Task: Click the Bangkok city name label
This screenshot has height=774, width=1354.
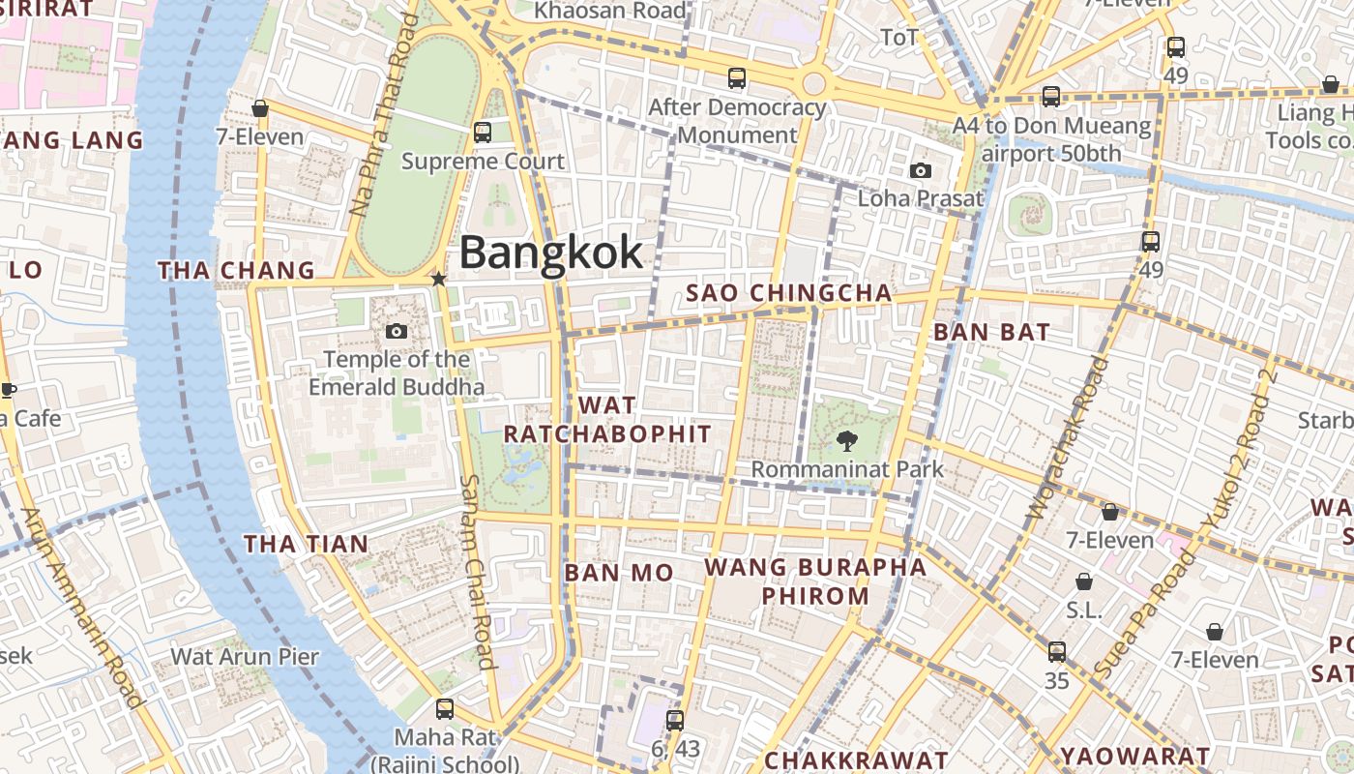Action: coord(550,253)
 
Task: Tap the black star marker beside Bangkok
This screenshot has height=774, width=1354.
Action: coord(438,279)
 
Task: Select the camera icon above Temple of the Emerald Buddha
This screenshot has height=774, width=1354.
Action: coord(396,332)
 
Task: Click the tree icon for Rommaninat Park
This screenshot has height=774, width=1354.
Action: coord(847,441)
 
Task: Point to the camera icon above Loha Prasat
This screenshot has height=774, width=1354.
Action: coord(921,171)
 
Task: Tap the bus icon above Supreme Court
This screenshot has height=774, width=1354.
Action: coord(482,133)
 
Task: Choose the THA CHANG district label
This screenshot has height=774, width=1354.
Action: coord(237,271)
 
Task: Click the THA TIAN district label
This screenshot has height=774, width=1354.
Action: coord(306,544)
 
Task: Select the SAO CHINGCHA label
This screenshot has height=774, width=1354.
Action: coord(788,293)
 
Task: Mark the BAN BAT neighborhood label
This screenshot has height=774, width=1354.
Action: coord(991,332)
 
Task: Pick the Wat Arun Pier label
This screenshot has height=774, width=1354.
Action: coord(245,657)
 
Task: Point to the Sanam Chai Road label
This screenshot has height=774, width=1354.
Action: coord(477,571)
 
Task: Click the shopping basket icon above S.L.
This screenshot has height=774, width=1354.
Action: coord(1084,581)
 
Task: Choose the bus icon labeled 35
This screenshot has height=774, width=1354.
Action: coord(1057,652)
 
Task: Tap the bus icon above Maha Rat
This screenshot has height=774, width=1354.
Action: coord(444,709)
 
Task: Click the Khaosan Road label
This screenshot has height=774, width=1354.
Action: coord(610,11)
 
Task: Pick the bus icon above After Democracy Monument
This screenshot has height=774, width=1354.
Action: coord(737,78)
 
